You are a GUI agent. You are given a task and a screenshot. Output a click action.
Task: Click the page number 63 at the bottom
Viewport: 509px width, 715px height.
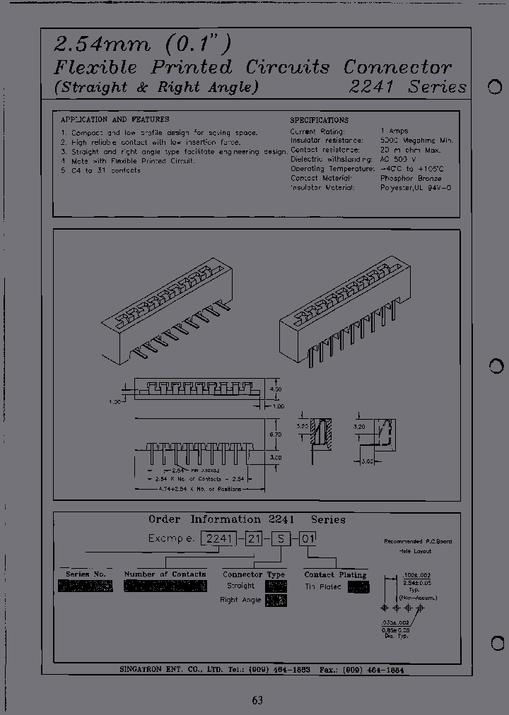(257, 700)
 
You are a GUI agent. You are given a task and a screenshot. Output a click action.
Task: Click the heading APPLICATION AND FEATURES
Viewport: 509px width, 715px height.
(115, 119)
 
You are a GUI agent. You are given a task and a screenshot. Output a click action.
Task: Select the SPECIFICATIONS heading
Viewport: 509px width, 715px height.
(319, 120)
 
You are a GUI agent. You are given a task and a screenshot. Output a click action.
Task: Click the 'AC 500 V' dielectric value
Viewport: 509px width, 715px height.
(400, 160)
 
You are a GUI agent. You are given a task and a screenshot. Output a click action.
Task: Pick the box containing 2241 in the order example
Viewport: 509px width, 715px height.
(219, 538)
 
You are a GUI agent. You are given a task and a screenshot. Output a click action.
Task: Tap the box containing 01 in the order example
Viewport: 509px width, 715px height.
(308, 538)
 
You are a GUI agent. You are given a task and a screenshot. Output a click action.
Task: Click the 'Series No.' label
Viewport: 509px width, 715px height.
(86, 574)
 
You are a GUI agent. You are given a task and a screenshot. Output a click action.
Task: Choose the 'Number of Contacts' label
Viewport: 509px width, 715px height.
(165, 574)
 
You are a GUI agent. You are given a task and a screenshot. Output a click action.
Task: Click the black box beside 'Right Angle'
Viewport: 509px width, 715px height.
(276, 600)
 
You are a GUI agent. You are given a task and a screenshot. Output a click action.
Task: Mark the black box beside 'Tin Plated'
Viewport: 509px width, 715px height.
(358, 586)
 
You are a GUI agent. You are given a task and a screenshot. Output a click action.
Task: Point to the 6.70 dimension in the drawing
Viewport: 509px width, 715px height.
(275, 435)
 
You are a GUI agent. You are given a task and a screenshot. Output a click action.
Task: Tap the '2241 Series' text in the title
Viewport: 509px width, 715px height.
(409, 87)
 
